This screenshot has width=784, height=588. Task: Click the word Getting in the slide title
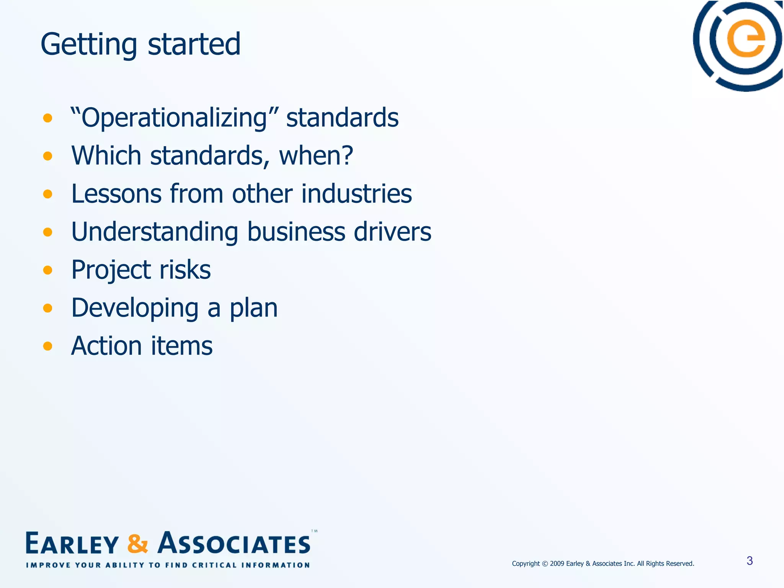point(88,45)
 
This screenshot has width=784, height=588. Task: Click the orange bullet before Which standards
point(47,156)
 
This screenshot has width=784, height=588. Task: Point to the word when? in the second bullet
point(316,156)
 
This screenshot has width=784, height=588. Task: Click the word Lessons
point(116,194)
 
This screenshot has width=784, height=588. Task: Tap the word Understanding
point(155,232)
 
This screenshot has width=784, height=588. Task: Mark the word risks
point(185,270)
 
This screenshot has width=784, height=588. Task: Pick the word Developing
point(135,309)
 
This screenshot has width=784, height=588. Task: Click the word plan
point(253,309)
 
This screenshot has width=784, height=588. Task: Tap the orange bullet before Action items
point(47,346)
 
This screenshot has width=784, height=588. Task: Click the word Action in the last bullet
point(107,346)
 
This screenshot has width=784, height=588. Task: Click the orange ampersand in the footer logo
point(137,544)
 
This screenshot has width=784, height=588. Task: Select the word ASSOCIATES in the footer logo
point(234,544)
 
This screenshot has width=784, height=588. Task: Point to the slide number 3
point(750,561)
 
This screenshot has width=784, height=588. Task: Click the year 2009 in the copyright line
point(557,563)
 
